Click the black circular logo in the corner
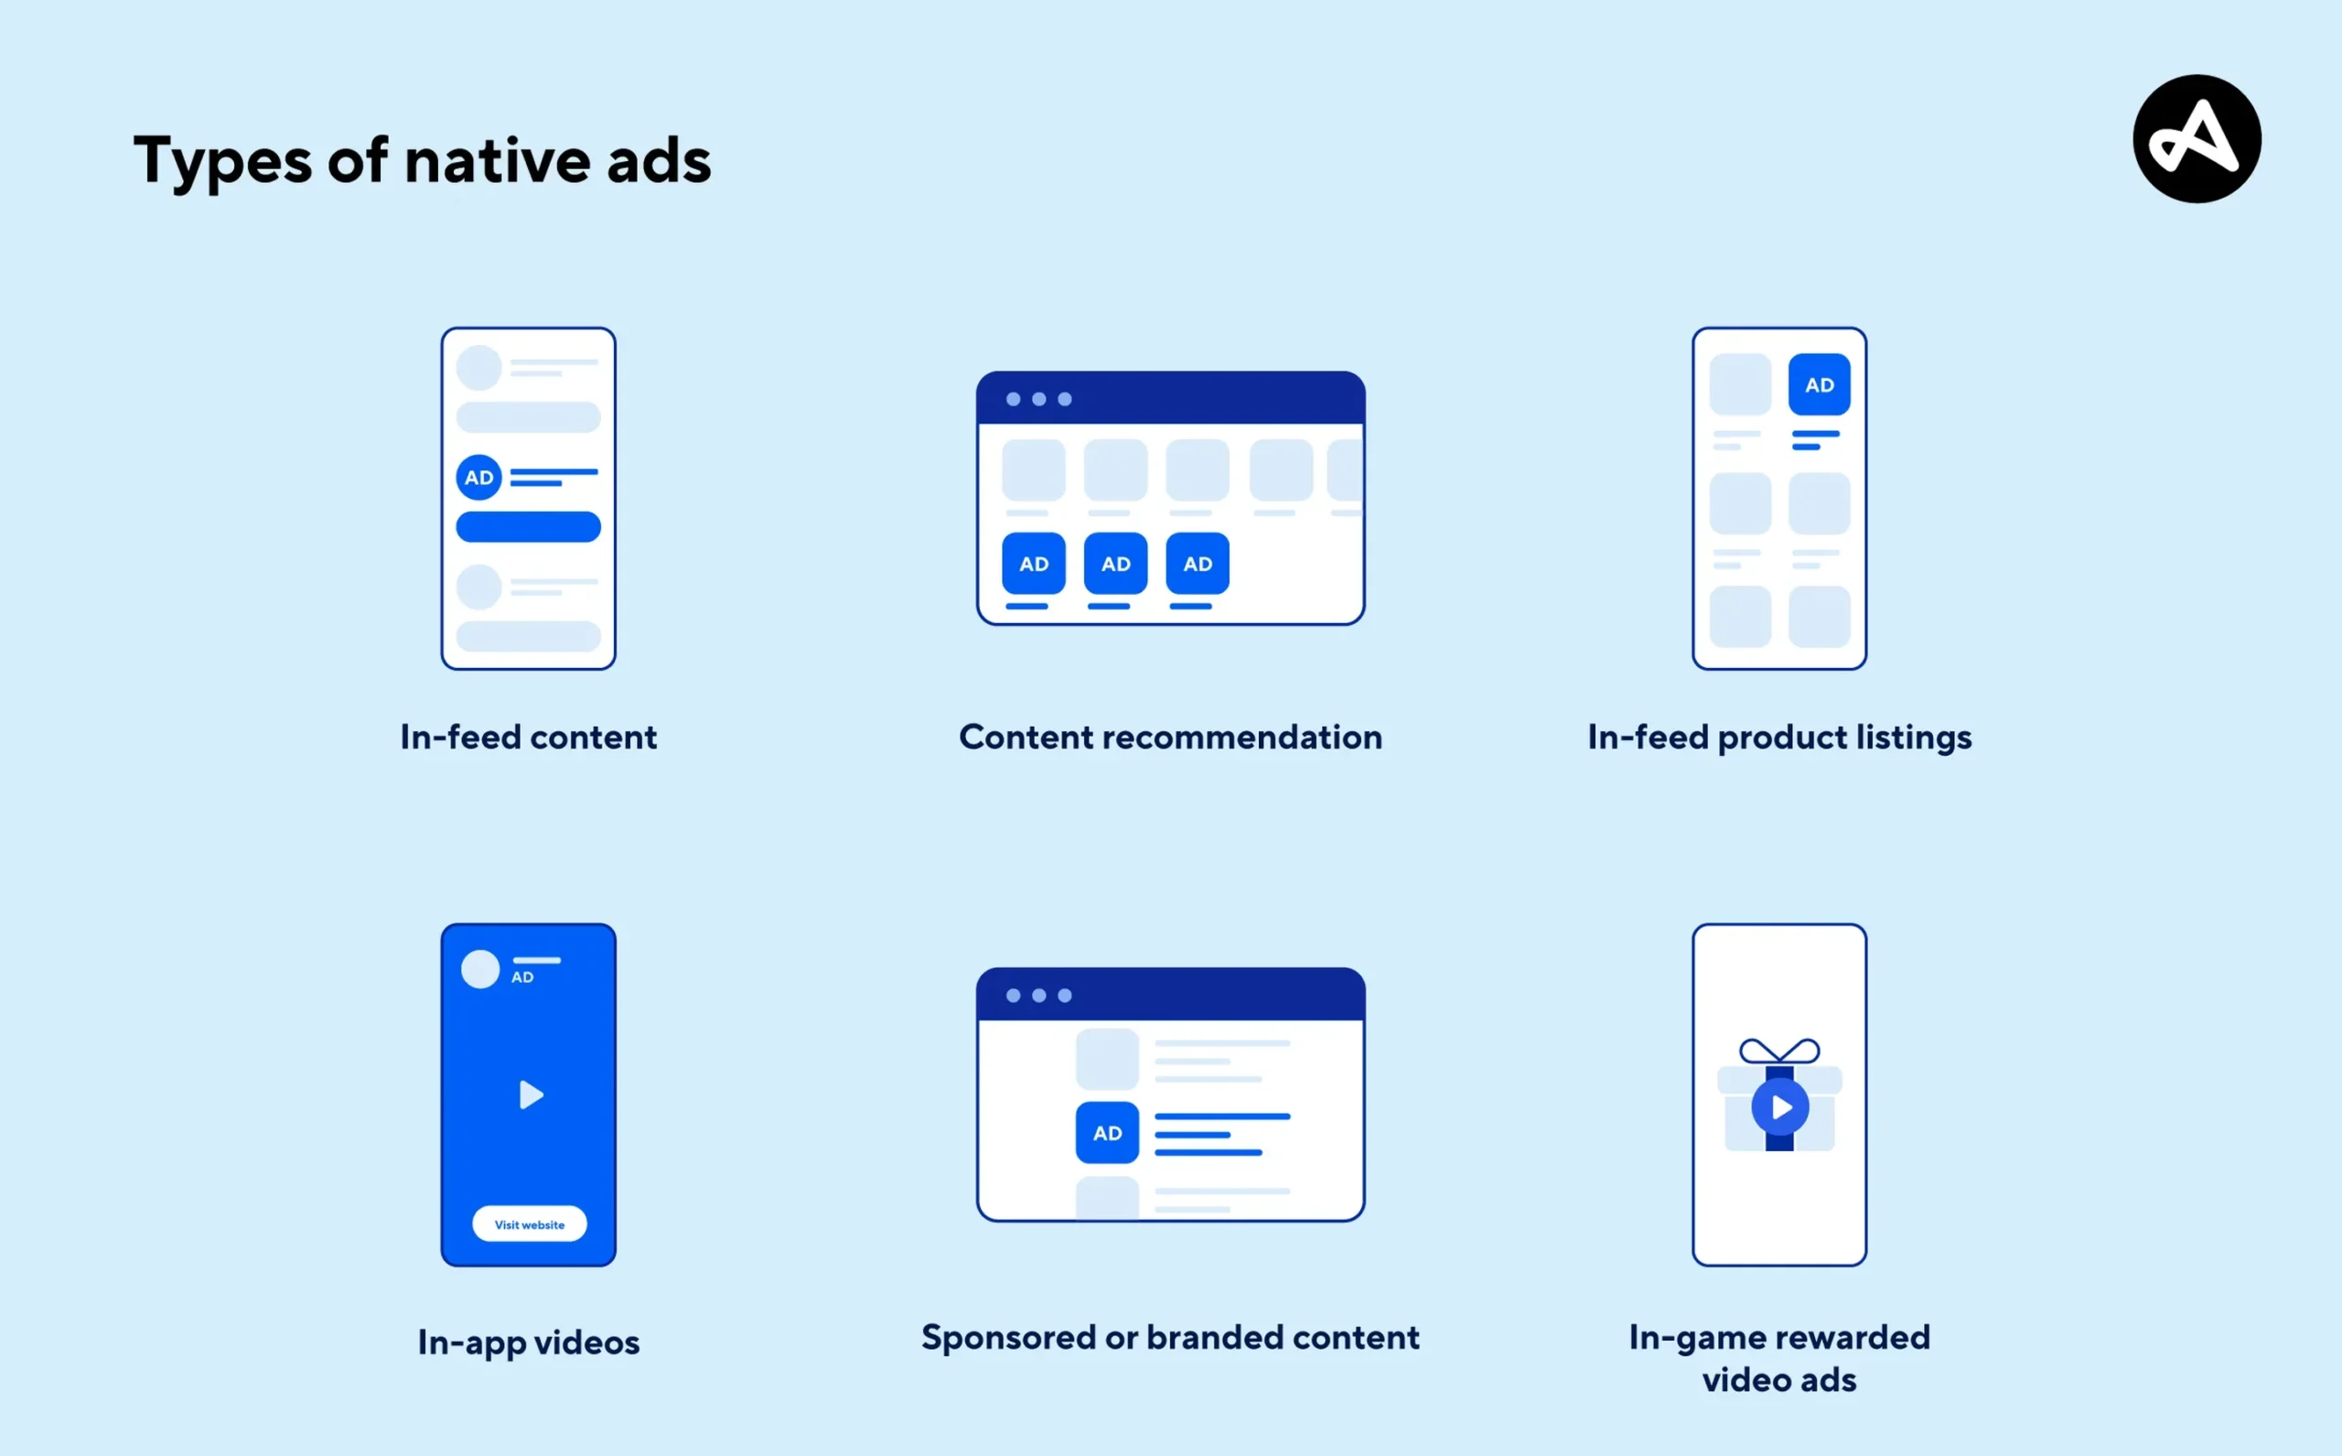(2197, 139)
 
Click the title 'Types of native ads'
(423, 162)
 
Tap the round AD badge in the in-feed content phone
(479, 477)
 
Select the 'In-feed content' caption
(529, 737)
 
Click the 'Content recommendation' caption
(1170, 737)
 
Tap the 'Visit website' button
(530, 1224)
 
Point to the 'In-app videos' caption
(529, 1343)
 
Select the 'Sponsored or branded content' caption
(1170, 1337)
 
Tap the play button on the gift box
(1780, 1107)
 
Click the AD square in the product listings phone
(1820, 384)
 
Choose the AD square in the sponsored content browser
(1107, 1132)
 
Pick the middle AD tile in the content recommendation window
(1115, 564)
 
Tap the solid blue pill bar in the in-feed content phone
(529, 527)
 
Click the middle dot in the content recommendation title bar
(1038, 399)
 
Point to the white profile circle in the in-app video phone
(480, 969)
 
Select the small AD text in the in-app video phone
(522, 977)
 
